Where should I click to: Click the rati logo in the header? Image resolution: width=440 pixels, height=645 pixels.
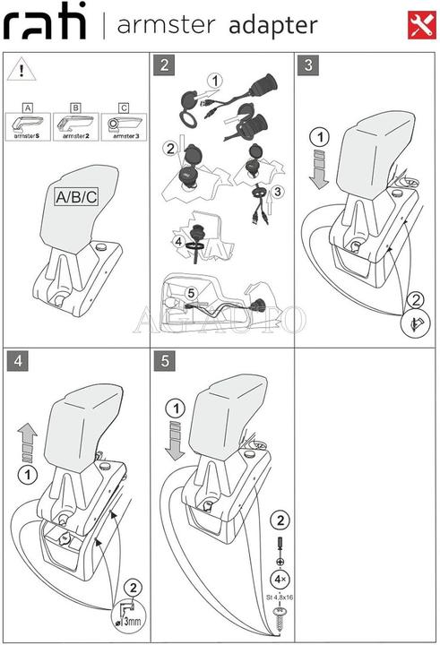click(x=45, y=25)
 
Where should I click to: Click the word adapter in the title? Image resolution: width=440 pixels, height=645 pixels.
click(x=272, y=26)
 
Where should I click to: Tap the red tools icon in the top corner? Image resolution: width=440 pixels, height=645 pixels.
click(x=418, y=24)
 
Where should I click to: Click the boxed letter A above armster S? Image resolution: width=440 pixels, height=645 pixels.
click(x=27, y=107)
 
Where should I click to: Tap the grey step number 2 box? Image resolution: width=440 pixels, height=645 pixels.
click(x=163, y=64)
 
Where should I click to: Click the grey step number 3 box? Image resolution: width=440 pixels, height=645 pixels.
click(x=309, y=64)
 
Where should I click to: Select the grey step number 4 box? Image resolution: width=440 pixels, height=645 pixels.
click(x=17, y=362)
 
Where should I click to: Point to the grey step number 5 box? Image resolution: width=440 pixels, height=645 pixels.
click(x=163, y=362)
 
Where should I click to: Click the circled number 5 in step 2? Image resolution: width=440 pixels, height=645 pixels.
click(x=190, y=292)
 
